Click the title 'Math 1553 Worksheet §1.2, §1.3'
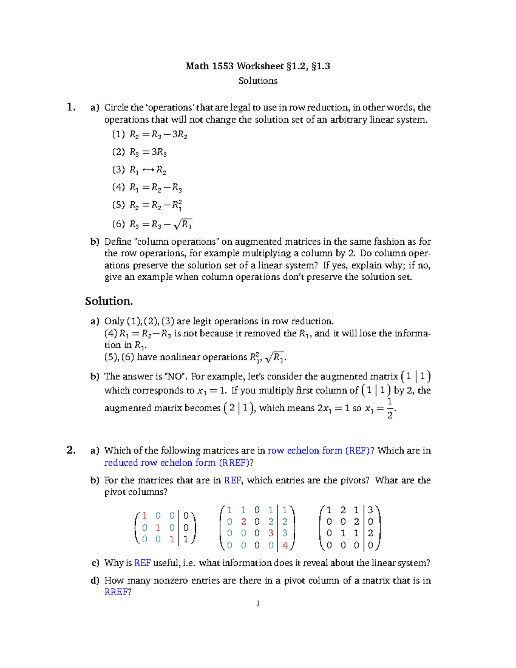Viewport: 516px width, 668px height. [x=258, y=66]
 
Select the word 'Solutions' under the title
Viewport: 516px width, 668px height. [x=258, y=81]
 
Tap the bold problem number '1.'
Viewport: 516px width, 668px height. [x=71, y=107]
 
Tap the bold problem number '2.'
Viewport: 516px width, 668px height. [x=71, y=450]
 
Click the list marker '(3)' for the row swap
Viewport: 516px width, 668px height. [x=119, y=169]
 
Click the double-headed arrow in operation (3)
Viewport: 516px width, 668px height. [x=148, y=170]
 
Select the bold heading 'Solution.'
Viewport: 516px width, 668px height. [x=109, y=301]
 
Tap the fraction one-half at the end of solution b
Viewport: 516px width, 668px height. [x=390, y=408]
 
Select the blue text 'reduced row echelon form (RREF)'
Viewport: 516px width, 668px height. [x=177, y=462]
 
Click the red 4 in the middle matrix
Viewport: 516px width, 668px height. [x=285, y=545]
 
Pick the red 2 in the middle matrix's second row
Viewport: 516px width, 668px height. [x=243, y=522]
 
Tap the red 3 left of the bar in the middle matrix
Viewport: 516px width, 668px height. [x=270, y=533]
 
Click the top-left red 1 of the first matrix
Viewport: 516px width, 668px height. [x=144, y=516]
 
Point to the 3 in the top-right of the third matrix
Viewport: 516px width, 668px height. [x=370, y=510]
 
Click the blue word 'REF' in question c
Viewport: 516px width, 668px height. [x=142, y=563]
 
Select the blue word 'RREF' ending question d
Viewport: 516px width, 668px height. [x=116, y=592]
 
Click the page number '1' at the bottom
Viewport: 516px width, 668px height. [x=258, y=603]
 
